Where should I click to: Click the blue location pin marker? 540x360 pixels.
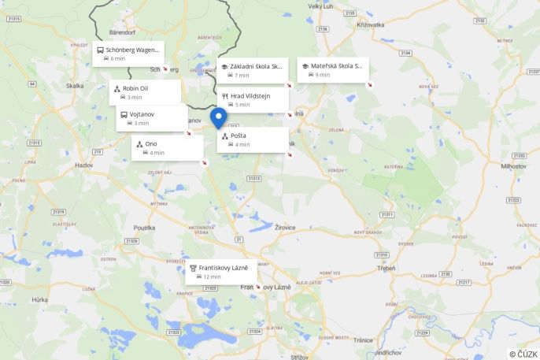click(x=220, y=117)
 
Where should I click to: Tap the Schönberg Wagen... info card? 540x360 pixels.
click(x=128, y=53)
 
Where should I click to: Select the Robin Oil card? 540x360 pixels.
click(x=145, y=92)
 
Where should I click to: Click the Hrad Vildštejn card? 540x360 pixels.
click(x=253, y=99)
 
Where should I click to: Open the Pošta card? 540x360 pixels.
click(x=253, y=139)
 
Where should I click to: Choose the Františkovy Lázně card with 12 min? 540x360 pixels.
click(x=221, y=271)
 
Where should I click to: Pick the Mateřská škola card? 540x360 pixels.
click(x=332, y=69)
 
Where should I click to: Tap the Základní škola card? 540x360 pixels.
click(x=253, y=70)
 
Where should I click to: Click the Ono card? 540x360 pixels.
click(x=167, y=147)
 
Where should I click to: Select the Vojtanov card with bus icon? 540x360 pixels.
click(x=152, y=118)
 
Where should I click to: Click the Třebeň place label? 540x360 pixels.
click(x=387, y=269)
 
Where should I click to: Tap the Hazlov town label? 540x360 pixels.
click(x=83, y=165)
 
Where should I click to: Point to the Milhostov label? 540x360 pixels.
click(x=513, y=166)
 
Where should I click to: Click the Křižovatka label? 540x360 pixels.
click(x=369, y=25)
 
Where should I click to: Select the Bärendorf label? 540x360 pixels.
click(x=123, y=34)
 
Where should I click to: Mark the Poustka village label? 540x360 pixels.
click(x=144, y=228)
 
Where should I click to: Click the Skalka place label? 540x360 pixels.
click(x=75, y=86)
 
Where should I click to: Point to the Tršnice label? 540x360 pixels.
click(x=363, y=340)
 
